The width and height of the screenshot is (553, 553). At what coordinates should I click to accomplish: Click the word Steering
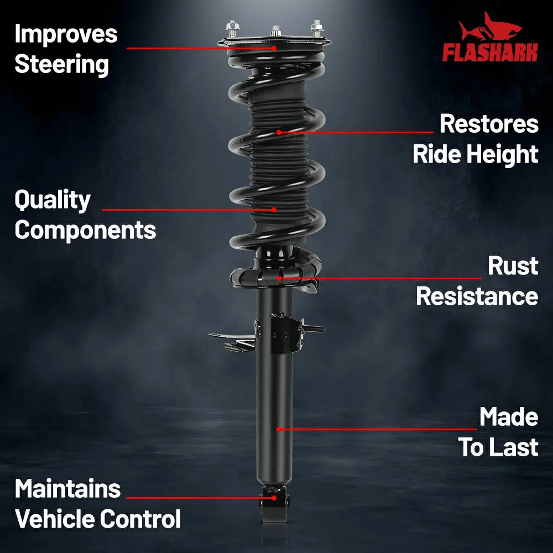pyautogui.click(x=61, y=65)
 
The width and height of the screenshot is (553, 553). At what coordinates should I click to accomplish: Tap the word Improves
pyautogui.click(x=66, y=34)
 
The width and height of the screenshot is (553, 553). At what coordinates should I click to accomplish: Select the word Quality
pyautogui.click(x=53, y=200)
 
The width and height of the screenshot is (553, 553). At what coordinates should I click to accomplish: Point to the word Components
pyautogui.click(x=85, y=230)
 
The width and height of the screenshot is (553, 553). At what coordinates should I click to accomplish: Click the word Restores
pyautogui.click(x=489, y=124)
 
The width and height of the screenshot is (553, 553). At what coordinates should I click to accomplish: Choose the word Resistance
pyautogui.click(x=477, y=296)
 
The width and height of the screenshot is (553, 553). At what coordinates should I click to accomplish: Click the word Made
pyautogui.click(x=509, y=417)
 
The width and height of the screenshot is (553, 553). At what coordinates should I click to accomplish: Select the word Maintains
pyautogui.click(x=67, y=489)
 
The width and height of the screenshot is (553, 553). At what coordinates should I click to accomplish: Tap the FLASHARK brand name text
pyautogui.click(x=490, y=53)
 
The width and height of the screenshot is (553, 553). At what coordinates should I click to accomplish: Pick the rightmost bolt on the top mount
pyautogui.click(x=317, y=28)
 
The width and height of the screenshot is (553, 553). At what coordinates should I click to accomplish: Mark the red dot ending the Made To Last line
pyautogui.click(x=279, y=429)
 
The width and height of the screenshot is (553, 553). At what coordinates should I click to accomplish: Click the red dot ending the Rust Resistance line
pyautogui.click(x=279, y=278)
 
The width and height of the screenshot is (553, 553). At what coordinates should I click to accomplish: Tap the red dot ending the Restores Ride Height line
pyautogui.click(x=279, y=132)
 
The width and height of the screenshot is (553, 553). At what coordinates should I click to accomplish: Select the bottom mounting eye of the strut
pyautogui.click(x=274, y=504)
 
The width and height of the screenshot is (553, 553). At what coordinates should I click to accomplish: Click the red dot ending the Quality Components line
pyautogui.click(x=274, y=210)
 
